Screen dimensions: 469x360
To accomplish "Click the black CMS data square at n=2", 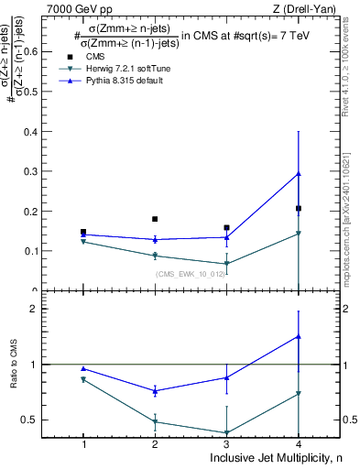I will [x=155, y=219].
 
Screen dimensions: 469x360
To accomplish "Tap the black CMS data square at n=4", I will [x=299, y=209].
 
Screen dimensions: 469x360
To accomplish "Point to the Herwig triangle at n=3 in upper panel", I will [x=226, y=264].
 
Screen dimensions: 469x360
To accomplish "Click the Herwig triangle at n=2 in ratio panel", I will [x=155, y=422].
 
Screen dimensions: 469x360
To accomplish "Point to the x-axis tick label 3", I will [x=226, y=444].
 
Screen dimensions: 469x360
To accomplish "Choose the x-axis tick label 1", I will [x=83, y=444].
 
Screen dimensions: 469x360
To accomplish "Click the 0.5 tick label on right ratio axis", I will [x=349, y=420].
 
